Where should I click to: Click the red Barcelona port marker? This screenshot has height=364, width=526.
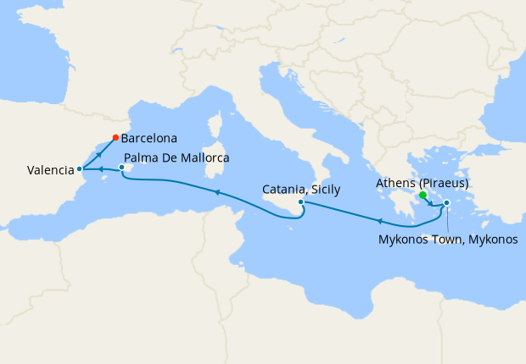point(116,137)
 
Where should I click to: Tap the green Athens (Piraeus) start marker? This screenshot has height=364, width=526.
point(422,195)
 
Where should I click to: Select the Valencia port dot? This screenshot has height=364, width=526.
point(79,169)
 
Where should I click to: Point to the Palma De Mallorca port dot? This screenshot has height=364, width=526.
point(122,168)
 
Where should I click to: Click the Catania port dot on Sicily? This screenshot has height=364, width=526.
point(301,202)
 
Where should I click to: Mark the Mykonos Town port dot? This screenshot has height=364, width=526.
point(446,202)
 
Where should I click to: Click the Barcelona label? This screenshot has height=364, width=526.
point(149,137)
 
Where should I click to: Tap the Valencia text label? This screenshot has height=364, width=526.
point(50,170)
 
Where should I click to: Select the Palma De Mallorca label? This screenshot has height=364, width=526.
point(176,157)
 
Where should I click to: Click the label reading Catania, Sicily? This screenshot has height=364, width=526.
point(301,190)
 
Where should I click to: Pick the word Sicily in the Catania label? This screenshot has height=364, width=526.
point(324,190)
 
